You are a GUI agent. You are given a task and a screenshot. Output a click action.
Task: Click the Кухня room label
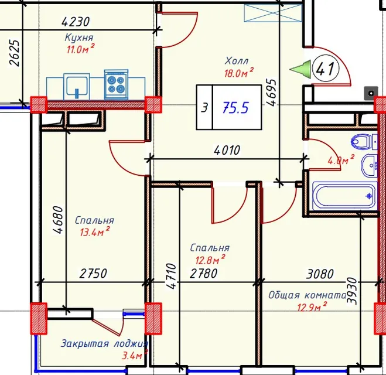point(79,37)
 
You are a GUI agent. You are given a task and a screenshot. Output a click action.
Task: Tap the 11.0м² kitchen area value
point(80,49)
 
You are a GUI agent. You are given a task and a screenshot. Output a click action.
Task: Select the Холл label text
point(237,61)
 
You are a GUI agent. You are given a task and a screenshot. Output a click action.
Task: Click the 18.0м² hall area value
point(238,73)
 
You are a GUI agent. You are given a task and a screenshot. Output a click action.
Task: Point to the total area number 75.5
point(235,108)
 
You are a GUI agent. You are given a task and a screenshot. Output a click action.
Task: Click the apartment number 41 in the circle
point(326,68)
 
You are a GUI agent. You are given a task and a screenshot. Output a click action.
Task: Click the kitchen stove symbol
point(116,85)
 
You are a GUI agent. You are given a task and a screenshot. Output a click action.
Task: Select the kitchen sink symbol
point(77,86)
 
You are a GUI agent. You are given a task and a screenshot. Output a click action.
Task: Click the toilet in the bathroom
point(364,142)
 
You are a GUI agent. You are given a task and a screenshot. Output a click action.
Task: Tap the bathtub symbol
point(344,196)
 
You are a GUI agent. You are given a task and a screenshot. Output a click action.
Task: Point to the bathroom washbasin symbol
point(369,166)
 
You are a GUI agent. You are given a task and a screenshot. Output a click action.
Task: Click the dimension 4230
point(76,22)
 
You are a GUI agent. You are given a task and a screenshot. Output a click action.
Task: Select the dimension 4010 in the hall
point(227,150)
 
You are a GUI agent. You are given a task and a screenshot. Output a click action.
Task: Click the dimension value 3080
point(320,274)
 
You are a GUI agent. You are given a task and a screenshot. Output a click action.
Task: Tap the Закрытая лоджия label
point(104,343)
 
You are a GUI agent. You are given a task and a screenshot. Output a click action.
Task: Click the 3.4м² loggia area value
point(135,355)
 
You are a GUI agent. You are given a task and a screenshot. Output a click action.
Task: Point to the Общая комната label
point(307,295)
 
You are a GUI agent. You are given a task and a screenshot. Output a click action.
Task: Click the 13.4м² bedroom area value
point(95,231)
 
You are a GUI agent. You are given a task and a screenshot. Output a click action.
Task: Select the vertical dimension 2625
point(14,53)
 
